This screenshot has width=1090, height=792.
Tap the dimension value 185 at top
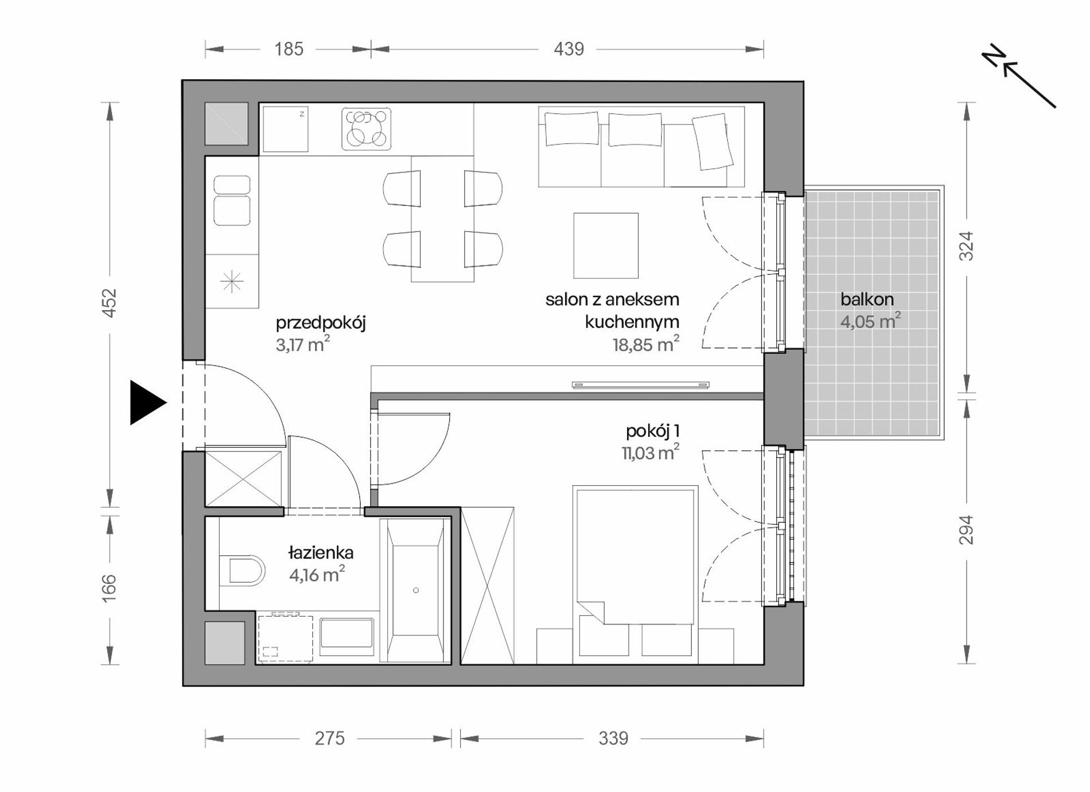(289, 49)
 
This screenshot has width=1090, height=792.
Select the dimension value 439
(569, 49)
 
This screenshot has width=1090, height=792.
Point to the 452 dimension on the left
(109, 303)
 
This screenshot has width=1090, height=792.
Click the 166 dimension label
(109, 588)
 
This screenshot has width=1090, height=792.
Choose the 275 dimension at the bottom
(329, 738)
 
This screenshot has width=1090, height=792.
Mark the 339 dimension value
(613, 738)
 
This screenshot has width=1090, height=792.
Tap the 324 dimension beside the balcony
(967, 246)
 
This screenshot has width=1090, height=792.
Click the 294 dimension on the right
(967, 530)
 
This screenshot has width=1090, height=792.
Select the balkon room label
(867, 299)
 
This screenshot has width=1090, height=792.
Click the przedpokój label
(321, 323)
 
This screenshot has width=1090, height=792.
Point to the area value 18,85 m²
(646, 344)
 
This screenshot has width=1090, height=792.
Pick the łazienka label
(321, 553)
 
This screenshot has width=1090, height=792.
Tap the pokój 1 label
(653, 431)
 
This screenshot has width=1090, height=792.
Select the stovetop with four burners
(367, 129)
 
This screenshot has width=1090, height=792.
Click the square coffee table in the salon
(606, 245)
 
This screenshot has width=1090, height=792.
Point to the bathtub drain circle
(416, 590)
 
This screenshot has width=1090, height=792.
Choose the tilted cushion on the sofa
(713, 141)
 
